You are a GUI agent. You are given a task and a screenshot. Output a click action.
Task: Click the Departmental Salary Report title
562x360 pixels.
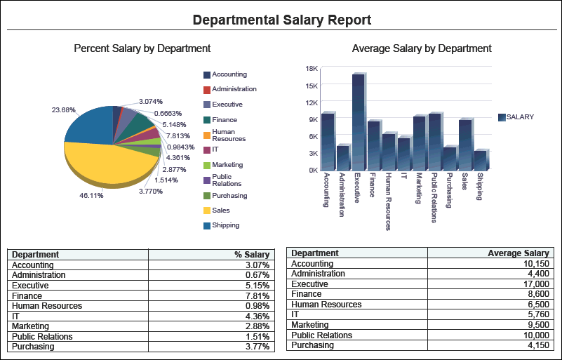[281, 20]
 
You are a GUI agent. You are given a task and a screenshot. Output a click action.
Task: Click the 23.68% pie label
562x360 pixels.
[63, 109]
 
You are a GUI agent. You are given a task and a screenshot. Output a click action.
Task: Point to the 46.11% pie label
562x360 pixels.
[91, 196]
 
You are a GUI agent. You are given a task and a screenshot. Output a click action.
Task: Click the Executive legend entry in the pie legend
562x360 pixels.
[227, 105]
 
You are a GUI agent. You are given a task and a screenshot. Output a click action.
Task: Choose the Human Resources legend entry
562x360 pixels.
[228, 135]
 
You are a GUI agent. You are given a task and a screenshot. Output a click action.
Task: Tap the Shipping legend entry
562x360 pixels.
[225, 225]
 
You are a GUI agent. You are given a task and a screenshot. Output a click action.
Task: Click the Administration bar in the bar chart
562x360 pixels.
[342, 158]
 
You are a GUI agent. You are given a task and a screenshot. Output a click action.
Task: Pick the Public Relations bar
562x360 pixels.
[434, 141]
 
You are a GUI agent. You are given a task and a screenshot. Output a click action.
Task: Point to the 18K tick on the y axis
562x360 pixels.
[312, 69]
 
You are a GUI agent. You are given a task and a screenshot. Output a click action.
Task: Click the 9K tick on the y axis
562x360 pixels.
[314, 119]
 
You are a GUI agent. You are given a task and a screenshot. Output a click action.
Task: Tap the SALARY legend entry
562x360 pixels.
[519, 117]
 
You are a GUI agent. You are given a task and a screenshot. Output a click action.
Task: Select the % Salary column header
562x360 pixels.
[252, 255]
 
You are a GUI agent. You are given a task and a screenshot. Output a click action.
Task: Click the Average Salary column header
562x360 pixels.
[518, 253]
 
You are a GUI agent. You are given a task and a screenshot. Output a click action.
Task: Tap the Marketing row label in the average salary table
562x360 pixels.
[309, 325]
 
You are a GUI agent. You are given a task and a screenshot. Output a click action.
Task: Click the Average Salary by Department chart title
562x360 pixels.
[422, 48]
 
